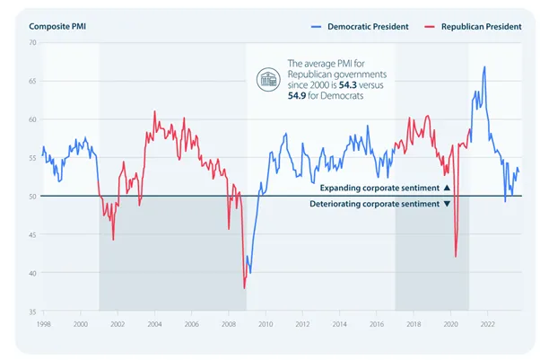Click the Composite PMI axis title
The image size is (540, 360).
(x=57, y=27)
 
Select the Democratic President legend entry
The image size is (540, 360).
(x=360, y=27)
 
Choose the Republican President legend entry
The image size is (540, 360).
(x=474, y=27)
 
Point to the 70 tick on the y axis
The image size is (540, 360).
(x=32, y=43)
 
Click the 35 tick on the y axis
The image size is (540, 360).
(x=32, y=312)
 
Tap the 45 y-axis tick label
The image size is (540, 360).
(x=32, y=235)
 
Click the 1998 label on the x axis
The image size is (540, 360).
(x=43, y=324)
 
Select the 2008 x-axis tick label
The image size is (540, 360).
(x=229, y=324)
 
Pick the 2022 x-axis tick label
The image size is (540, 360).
(x=488, y=324)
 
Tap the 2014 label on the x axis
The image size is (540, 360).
(x=340, y=324)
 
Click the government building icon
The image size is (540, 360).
(x=268, y=80)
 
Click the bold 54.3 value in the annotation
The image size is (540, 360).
(x=347, y=85)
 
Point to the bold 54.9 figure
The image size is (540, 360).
(x=297, y=96)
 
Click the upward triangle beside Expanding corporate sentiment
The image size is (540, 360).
(x=447, y=188)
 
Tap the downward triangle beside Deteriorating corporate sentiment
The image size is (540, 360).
(x=447, y=204)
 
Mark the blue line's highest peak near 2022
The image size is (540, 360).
(x=484, y=66)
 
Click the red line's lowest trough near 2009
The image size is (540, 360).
(x=245, y=288)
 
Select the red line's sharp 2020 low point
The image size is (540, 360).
(x=456, y=257)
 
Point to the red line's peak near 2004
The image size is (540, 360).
(x=154, y=111)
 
